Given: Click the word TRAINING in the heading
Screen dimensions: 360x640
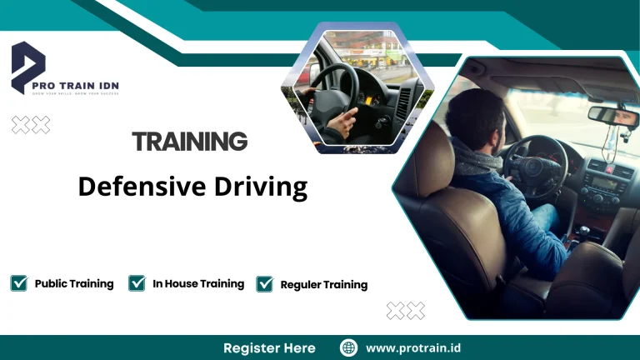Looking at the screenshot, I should click(x=190, y=141).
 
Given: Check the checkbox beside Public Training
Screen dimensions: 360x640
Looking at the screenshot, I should click(x=18, y=283).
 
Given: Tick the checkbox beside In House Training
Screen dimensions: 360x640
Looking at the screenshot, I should click(x=137, y=283).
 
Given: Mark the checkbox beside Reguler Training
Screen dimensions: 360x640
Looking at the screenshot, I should click(x=265, y=284).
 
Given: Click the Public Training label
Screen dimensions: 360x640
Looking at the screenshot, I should click(x=74, y=283).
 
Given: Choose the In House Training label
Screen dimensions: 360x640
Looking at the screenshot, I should click(x=198, y=283).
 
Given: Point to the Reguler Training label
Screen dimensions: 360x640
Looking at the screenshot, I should click(x=324, y=285).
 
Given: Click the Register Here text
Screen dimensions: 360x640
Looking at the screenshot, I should click(x=269, y=347).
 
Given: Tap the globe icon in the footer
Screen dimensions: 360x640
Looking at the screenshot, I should click(x=349, y=347).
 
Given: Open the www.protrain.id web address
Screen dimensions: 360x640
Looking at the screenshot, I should click(x=413, y=347).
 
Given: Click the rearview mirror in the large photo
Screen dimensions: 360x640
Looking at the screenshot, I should click(x=612, y=115).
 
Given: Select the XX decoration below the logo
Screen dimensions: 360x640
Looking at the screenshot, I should click(x=31, y=125).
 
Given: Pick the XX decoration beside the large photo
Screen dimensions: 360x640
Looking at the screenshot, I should click(x=406, y=311).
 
